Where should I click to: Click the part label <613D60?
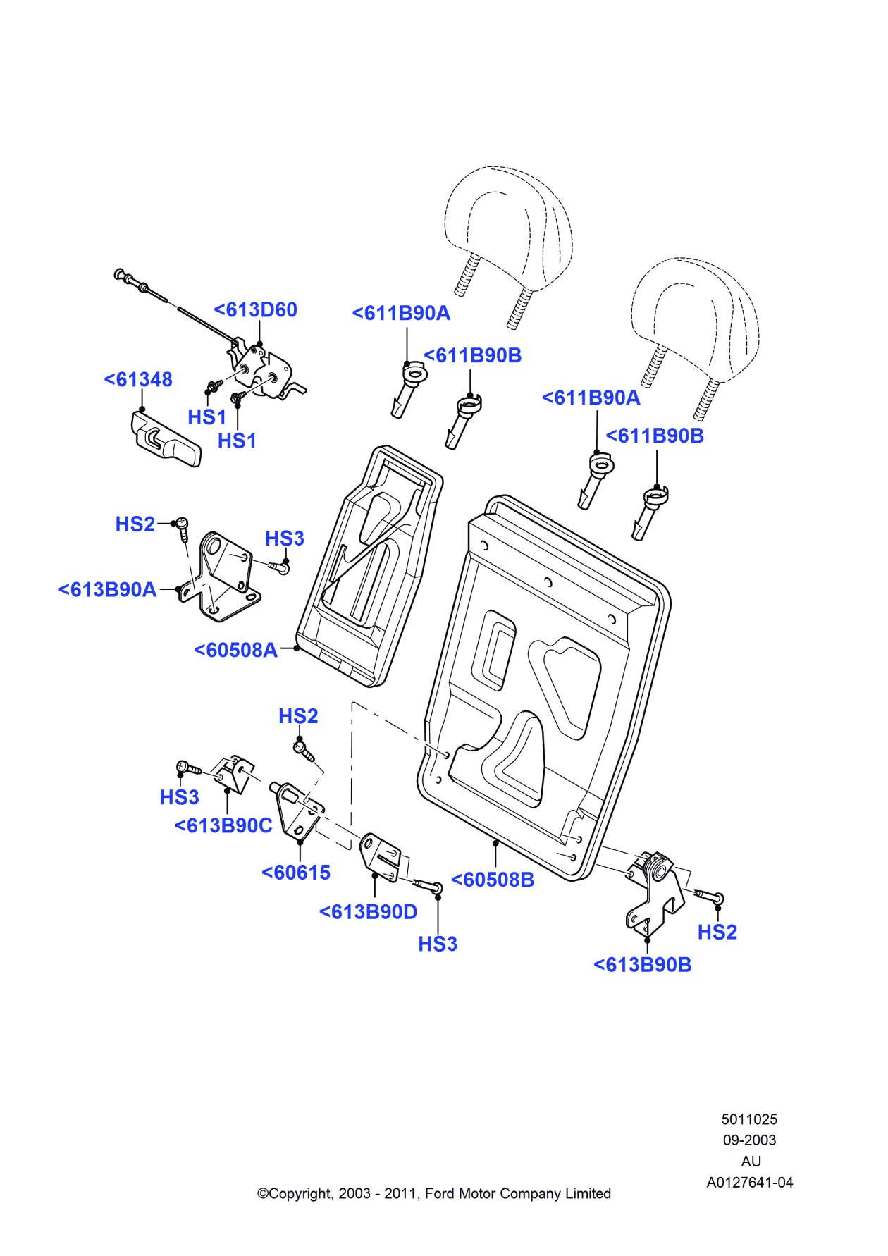(255, 310)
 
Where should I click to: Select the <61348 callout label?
(138, 380)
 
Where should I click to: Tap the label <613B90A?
(107, 590)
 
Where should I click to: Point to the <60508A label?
(235, 651)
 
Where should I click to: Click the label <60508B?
(493, 880)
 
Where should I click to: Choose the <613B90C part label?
(223, 826)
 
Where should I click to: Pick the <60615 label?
(296, 873)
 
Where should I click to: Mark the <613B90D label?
(368, 913)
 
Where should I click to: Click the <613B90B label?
(642, 966)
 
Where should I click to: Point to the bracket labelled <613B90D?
(381, 856)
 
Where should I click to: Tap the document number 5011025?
(749, 1119)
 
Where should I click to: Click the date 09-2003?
(749, 1140)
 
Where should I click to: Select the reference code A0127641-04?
(750, 1183)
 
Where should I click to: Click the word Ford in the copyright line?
(440, 1194)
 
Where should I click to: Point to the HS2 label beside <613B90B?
(717, 932)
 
